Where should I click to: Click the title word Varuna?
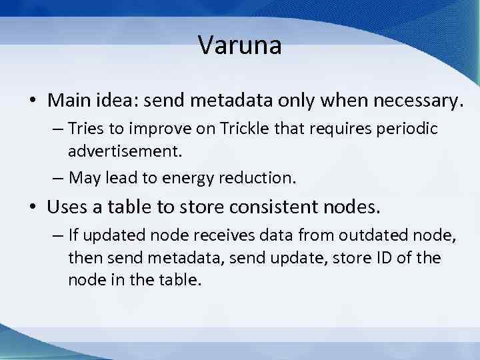240,46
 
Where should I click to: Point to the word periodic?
405,129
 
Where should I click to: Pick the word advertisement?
125,151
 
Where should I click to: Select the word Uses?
67,207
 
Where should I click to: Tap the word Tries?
88,129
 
